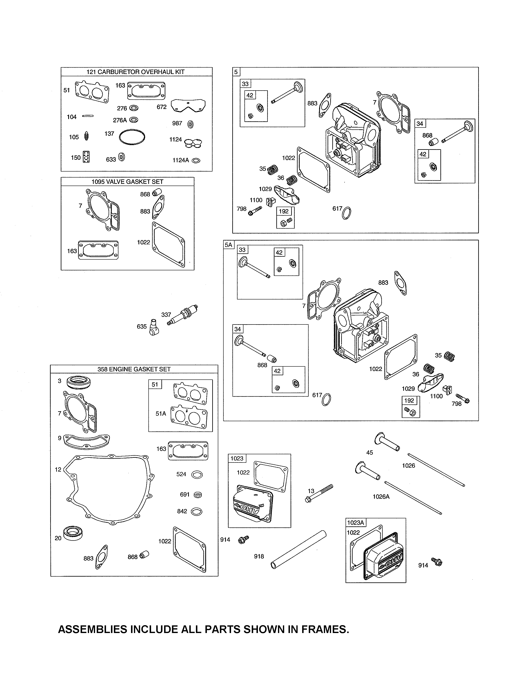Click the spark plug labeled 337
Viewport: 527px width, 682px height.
tap(184, 315)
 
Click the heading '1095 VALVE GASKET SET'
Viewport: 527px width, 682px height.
tap(127, 182)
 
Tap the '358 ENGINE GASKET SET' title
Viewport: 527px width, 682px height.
tap(134, 369)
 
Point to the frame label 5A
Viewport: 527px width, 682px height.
tap(229, 245)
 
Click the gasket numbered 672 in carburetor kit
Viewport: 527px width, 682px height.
tap(188, 106)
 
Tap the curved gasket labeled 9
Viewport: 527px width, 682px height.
tap(86, 441)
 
